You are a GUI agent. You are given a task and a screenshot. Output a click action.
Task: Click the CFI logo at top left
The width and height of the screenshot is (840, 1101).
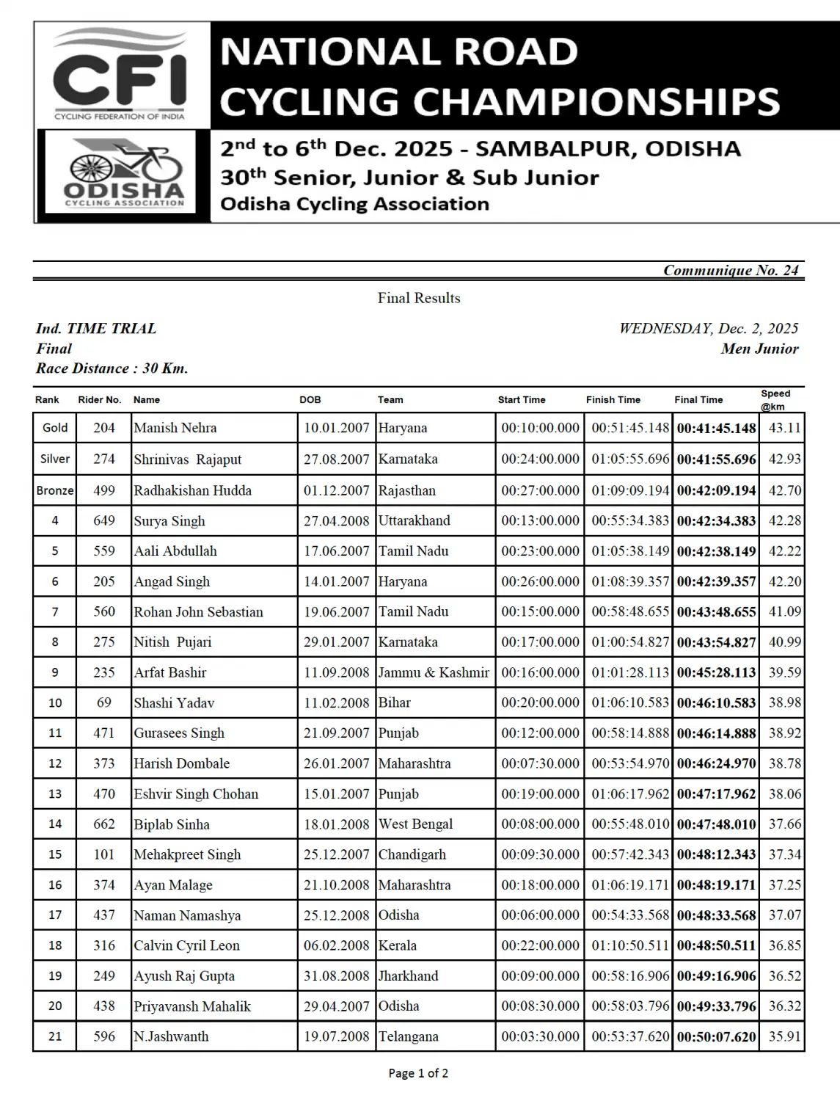click(120, 74)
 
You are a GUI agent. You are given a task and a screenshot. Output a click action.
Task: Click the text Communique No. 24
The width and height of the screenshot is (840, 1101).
click(730, 270)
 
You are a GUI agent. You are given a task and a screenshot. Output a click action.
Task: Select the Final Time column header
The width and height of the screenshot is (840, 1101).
click(698, 400)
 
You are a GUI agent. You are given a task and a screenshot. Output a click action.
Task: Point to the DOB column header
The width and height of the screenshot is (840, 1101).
click(310, 400)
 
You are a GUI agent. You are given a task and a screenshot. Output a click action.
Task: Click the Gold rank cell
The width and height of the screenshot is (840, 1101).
click(55, 428)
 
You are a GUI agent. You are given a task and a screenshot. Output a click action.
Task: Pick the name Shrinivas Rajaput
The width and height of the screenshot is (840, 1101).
click(187, 459)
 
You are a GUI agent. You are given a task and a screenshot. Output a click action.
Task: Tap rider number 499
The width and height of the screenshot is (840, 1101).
click(104, 490)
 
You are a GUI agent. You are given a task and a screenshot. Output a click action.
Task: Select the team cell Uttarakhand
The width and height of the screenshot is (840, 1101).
click(414, 520)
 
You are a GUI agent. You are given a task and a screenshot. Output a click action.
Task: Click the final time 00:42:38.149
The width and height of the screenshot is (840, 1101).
click(716, 551)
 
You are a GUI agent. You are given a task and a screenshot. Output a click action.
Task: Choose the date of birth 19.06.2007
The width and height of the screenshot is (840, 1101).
click(336, 611)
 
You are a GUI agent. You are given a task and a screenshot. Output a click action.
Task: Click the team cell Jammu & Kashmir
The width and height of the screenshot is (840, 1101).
click(434, 672)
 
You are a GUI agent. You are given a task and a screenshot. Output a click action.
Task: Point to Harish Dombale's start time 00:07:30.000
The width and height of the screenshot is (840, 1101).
click(540, 763)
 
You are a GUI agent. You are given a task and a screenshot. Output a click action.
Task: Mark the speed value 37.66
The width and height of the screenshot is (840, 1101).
click(784, 824)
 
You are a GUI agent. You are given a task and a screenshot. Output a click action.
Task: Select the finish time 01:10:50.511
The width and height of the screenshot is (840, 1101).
click(630, 945)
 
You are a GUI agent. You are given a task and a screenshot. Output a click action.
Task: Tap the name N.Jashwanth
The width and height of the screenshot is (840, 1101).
click(171, 1036)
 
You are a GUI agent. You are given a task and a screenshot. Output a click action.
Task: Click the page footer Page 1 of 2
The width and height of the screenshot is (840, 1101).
click(418, 1073)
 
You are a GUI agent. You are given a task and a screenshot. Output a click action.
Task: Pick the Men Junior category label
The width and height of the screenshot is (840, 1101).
click(759, 349)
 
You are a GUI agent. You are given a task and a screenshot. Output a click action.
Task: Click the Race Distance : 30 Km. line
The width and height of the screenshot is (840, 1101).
click(112, 368)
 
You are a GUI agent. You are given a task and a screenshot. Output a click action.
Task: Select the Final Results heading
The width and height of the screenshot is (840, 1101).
click(419, 298)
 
